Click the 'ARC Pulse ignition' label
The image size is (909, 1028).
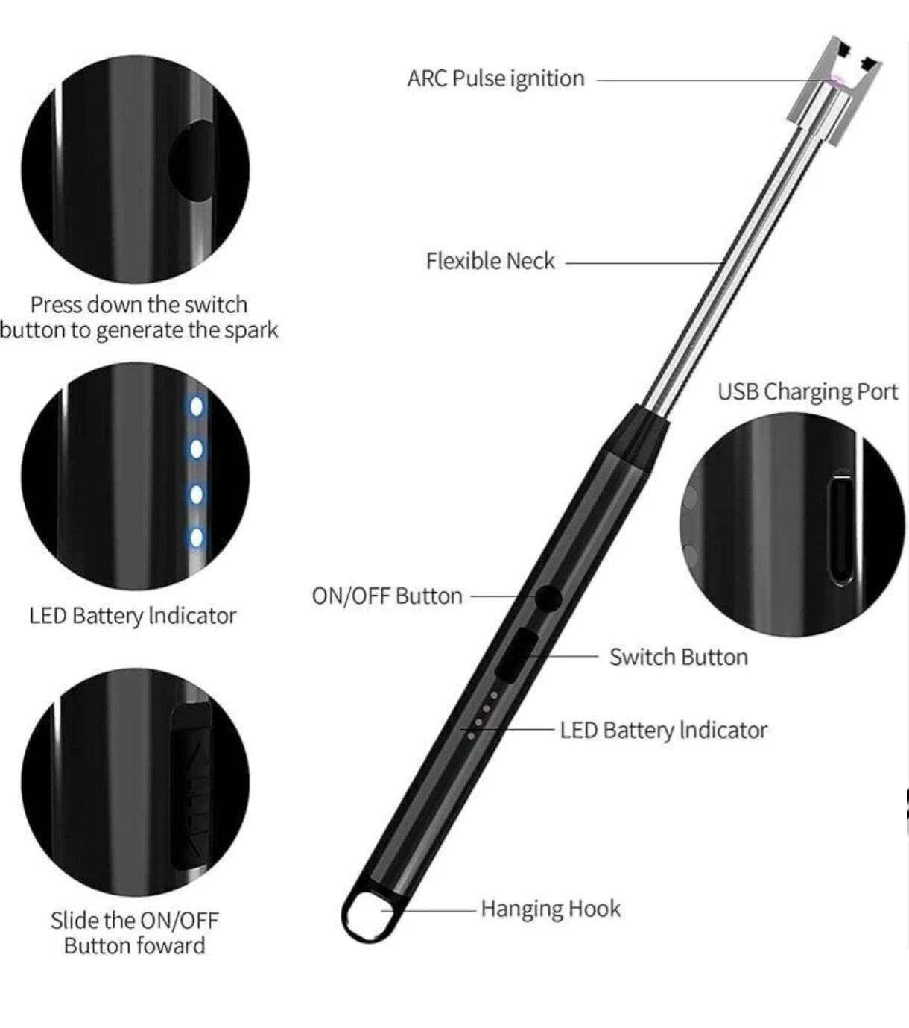(x=495, y=79)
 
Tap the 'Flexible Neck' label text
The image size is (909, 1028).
(x=490, y=262)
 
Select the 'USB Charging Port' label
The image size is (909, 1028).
(x=808, y=392)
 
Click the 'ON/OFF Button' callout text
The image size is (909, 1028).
(x=387, y=596)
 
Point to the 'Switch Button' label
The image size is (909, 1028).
(x=679, y=657)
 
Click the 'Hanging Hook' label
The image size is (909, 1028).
(x=551, y=909)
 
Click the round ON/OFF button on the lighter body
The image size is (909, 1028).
(x=548, y=598)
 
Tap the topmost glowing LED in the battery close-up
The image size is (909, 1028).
(x=196, y=407)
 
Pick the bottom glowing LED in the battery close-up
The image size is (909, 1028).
(x=196, y=537)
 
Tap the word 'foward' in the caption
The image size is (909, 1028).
(x=173, y=946)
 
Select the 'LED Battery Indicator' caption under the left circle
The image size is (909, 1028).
(x=133, y=616)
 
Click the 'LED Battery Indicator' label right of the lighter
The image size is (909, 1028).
(x=663, y=731)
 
